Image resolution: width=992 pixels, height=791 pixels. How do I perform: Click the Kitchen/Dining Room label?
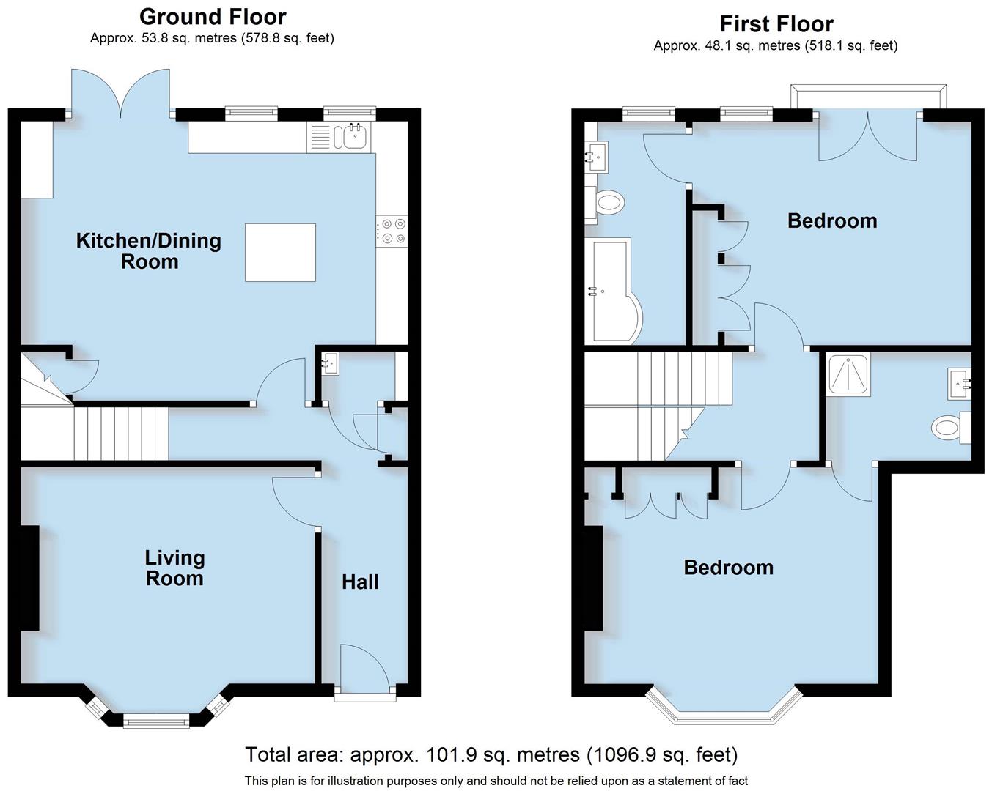click(x=149, y=250)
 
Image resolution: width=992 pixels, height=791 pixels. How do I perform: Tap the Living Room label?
click(x=174, y=568)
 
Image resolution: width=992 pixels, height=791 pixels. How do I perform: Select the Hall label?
click(x=360, y=582)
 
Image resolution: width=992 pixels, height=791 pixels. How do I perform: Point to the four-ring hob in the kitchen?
click(x=392, y=231)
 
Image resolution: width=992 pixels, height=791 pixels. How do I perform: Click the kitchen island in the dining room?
click(x=280, y=253)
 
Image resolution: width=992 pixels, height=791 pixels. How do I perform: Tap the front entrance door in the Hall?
click(x=364, y=668)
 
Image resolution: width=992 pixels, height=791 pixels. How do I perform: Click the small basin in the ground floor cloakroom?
click(x=329, y=363)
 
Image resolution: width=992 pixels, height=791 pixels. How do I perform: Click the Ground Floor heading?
click(x=213, y=16)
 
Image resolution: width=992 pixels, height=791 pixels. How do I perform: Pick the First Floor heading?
click(x=776, y=24)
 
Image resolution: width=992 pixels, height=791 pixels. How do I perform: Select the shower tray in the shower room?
click(x=848, y=375)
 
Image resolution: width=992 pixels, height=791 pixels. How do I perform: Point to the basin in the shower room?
click(x=960, y=383)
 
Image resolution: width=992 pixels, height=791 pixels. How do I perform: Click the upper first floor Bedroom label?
click(x=831, y=220)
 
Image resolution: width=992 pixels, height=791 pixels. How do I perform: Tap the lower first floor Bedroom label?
click(x=728, y=568)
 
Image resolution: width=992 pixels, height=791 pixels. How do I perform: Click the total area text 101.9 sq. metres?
click(x=491, y=754)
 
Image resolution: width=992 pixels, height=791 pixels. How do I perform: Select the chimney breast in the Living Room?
click(x=29, y=578)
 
